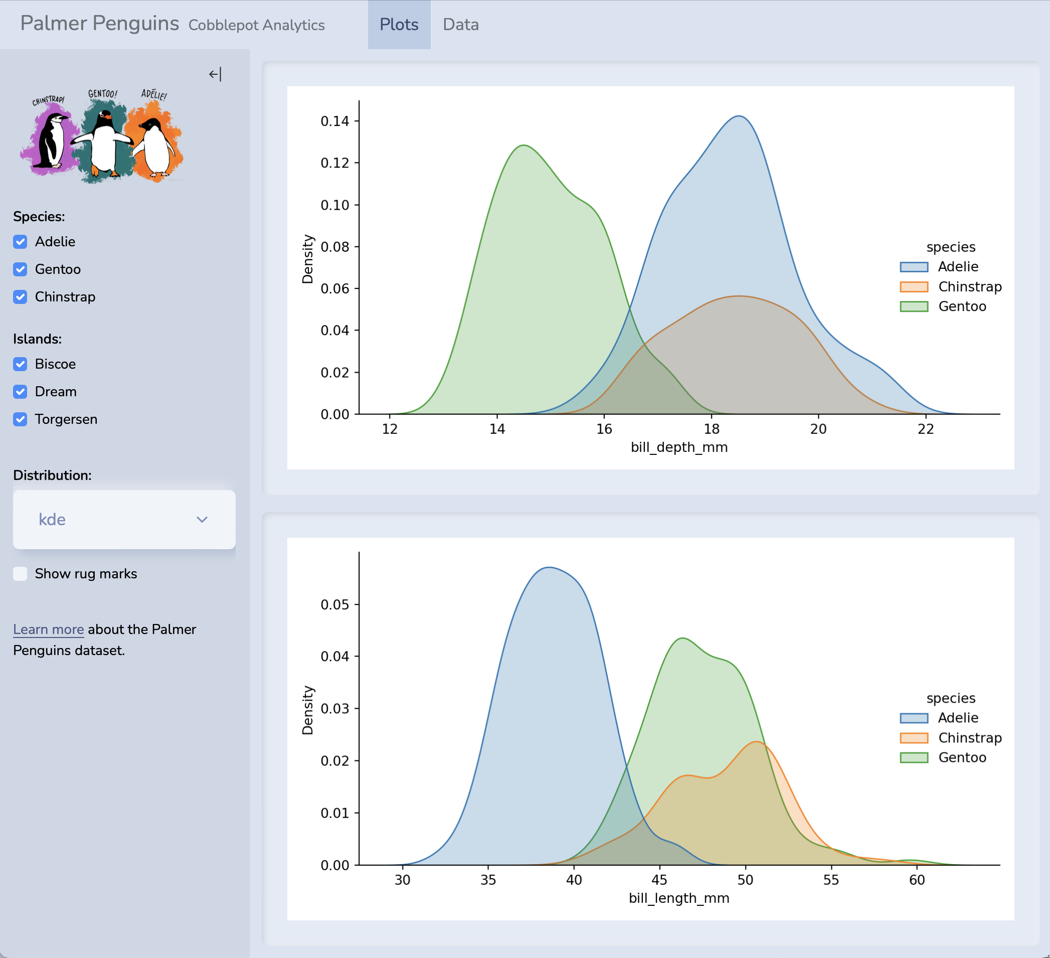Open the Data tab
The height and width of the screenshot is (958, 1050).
coord(460,25)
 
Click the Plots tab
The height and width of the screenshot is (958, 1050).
coord(399,25)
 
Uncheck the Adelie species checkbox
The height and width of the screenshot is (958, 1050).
coord(21,242)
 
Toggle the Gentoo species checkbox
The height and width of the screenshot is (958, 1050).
coord(21,269)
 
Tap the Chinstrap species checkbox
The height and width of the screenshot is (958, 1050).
coord(21,297)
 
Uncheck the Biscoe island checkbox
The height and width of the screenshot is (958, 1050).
coord(21,364)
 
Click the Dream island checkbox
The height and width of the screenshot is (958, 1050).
coord(21,392)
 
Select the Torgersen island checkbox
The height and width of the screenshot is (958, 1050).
coord(21,419)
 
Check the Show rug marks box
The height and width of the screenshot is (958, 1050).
coord(21,574)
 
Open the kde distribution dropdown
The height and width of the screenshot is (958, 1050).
coord(124,519)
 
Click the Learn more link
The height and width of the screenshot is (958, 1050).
coord(49,629)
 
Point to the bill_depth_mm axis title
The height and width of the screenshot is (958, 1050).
coord(678,447)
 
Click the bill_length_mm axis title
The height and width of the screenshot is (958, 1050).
coord(678,898)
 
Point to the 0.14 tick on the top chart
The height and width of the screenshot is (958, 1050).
coord(334,121)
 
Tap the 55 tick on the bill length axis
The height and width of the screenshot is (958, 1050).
coord(831,880)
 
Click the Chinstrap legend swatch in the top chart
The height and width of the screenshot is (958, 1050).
coord(914,287)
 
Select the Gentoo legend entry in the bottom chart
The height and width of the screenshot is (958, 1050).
coord(961,757)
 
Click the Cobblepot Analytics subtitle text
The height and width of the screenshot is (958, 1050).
coord(256,25)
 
